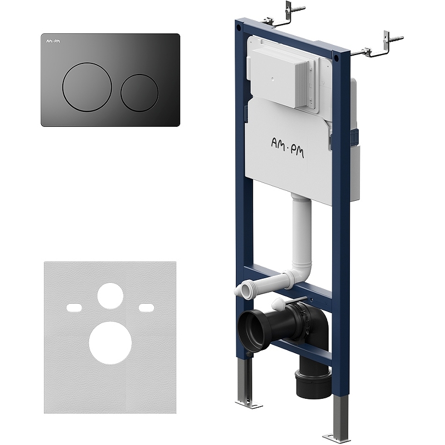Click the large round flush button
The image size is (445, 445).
point(87,86)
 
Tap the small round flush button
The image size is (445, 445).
point(140,93)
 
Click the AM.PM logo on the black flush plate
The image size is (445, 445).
point(50,41)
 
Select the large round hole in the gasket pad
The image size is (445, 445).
point(110,342)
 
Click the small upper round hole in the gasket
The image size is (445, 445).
point(110,295)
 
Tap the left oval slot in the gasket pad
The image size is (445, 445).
point(74,308)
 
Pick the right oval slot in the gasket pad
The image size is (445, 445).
point(146,308)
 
